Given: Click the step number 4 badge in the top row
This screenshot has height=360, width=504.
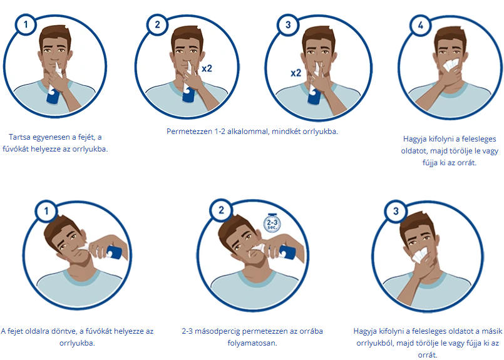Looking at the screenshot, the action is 421,26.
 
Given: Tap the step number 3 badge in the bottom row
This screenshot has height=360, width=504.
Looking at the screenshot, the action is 396,211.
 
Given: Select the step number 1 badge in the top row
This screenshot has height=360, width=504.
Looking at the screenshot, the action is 26,24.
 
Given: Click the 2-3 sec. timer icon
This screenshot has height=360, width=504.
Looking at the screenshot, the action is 272,223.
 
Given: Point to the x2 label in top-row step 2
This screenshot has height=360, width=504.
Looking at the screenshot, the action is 207,68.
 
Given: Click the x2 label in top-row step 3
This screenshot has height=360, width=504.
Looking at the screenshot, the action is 296,73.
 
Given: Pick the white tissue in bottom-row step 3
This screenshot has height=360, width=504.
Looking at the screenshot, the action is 421,254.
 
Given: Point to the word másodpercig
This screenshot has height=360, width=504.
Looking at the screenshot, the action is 217,331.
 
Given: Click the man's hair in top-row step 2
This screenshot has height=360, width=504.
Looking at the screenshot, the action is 187,37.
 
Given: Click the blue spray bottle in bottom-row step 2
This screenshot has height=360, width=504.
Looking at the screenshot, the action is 287,252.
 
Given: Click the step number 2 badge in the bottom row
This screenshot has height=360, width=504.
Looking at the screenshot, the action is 221,210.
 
